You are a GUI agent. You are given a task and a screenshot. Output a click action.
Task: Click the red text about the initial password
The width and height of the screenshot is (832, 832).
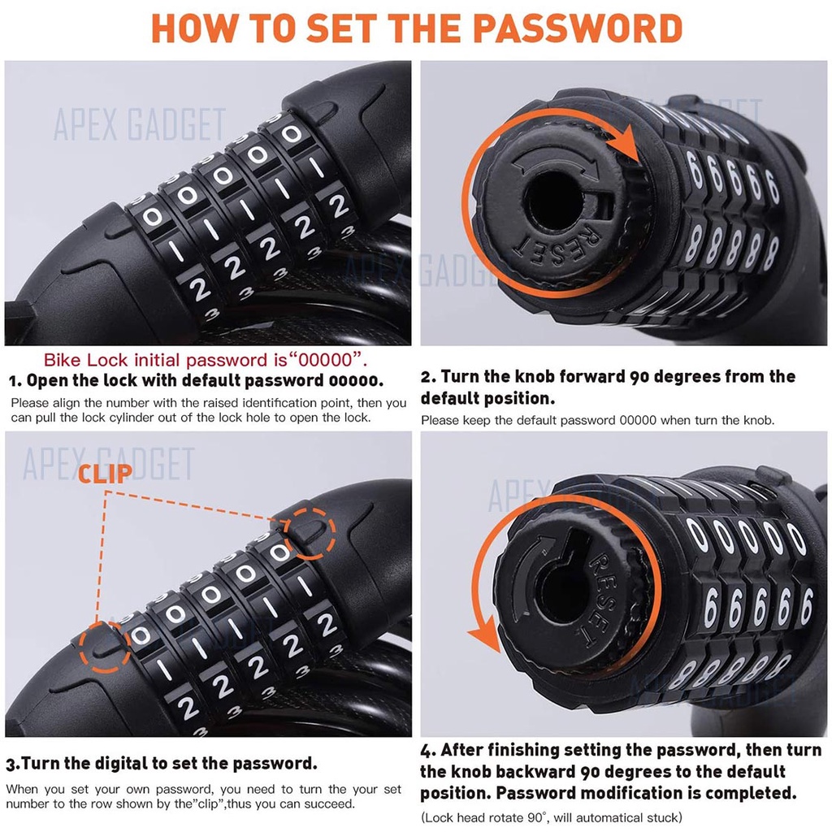pos(206,360)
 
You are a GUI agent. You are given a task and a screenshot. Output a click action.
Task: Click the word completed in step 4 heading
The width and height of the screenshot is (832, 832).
pos(749,792)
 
